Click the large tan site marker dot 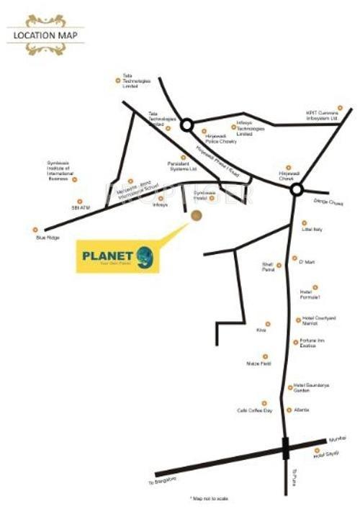point(197,215)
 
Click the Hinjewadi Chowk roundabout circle point(296,189)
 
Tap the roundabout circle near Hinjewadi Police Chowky point(186,125)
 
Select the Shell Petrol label point(268,267)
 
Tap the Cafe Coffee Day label point(254,410)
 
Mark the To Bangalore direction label point(162,481)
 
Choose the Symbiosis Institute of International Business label point(61,171)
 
